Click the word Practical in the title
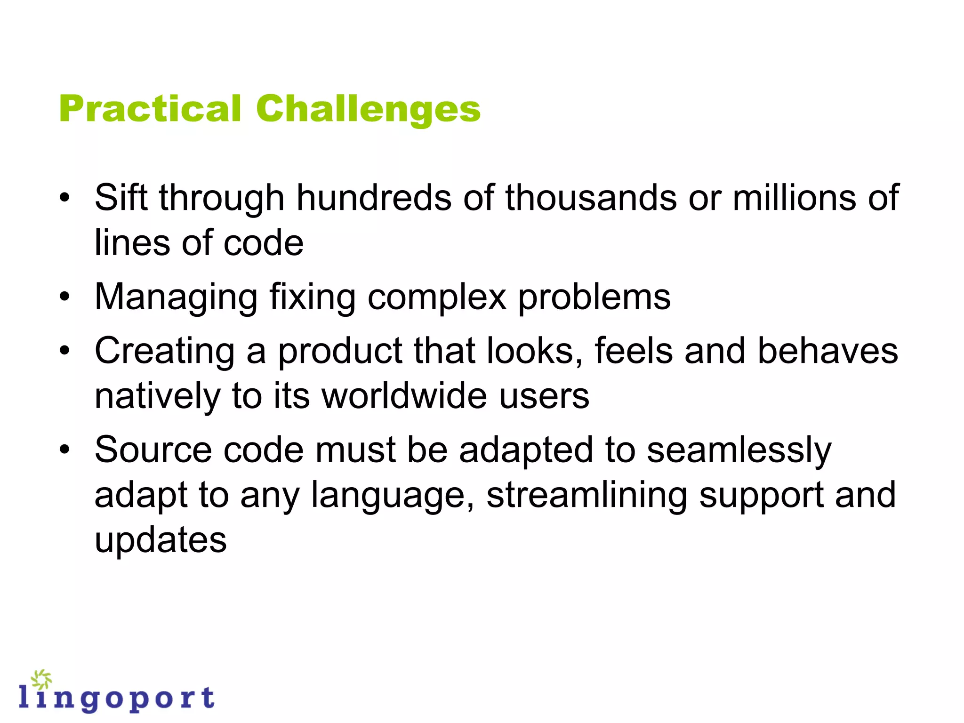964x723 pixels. [x=150, y=109]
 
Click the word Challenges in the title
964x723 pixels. [x=368, y=110]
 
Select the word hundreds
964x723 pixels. [x=373, y=197]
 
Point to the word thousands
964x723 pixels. [x=591, y=197]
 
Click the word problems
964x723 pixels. [x=594, y=297]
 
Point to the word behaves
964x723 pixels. [x=827, y=351]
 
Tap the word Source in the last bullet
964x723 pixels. [x=153, y=450]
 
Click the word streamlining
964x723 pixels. [x=586, y=495]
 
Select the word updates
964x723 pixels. [x=161, y=540]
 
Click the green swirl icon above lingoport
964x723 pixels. [x=41, y=679]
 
